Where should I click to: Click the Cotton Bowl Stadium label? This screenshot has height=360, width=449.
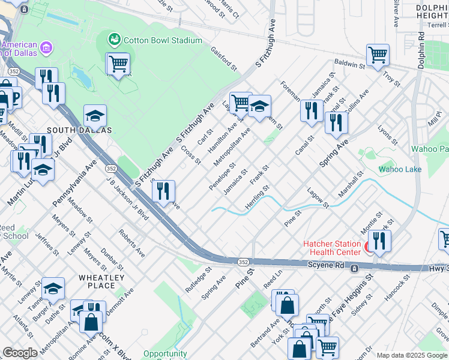[163, 40]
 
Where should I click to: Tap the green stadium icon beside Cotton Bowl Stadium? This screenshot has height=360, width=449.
[114, 40]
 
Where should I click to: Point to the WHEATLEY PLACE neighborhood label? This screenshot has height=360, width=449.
[101, 281]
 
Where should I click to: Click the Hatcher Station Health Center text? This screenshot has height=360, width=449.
[332, 248]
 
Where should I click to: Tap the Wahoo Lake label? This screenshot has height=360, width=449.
[400, 169]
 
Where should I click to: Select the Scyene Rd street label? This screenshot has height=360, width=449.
[327, 265]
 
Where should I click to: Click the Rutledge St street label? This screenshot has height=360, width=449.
[198, 280]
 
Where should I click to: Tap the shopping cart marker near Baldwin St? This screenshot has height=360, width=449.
[378, 56]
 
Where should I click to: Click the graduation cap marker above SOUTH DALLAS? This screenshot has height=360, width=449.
[95, 116]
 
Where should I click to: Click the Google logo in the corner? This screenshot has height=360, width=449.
[20, 353]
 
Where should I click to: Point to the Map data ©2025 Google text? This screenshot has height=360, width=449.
[412, 355]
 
